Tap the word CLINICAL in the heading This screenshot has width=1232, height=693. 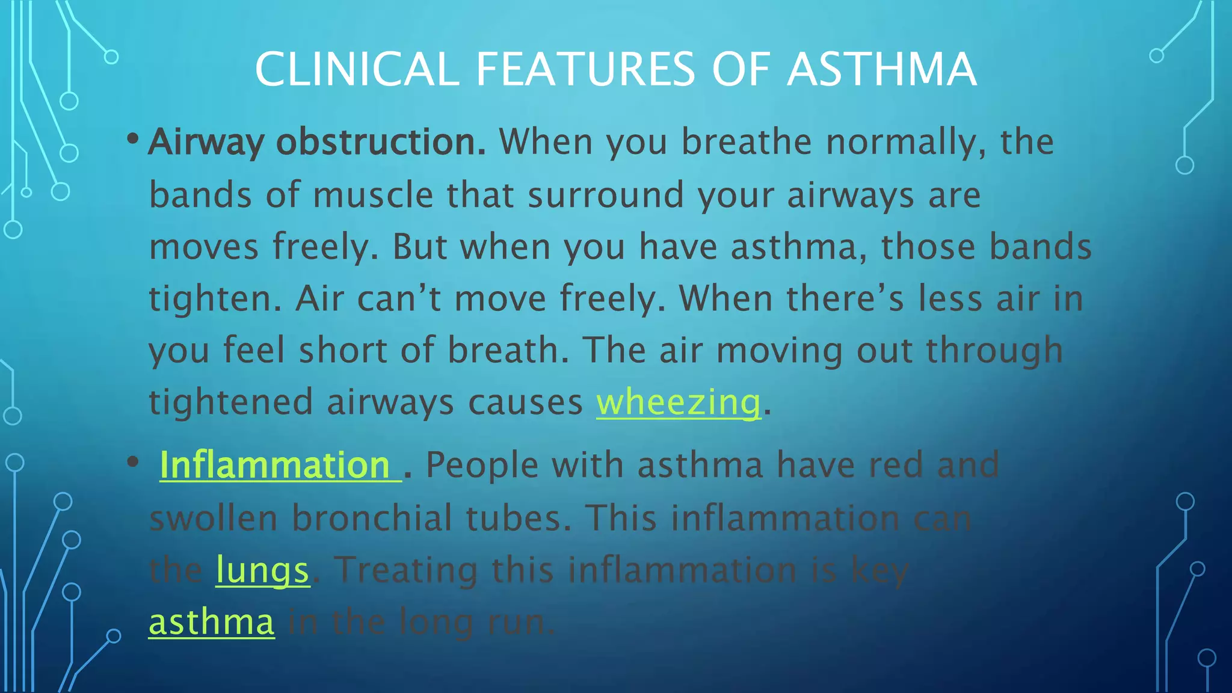click(x=357, y=69)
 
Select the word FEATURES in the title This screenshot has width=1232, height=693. click(x=585, y=69)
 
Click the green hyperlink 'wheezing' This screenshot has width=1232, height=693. click(x=679, y=402)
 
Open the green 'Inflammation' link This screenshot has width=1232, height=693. click(x=275, y=465)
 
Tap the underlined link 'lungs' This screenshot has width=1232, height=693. click(x=262, y=570)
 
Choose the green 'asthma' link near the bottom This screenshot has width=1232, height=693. click(x=212, y=621)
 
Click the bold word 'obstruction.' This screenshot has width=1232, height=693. click(x=381, y=142)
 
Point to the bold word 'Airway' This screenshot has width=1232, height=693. click(x=206, y=143)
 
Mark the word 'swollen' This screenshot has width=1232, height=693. click(x=213, y=517)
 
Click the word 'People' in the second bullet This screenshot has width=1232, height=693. click(x=482, y=465)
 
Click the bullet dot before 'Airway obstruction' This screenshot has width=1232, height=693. click(x=133, y=140)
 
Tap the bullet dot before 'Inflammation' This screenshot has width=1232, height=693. click(x=133, y=463)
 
